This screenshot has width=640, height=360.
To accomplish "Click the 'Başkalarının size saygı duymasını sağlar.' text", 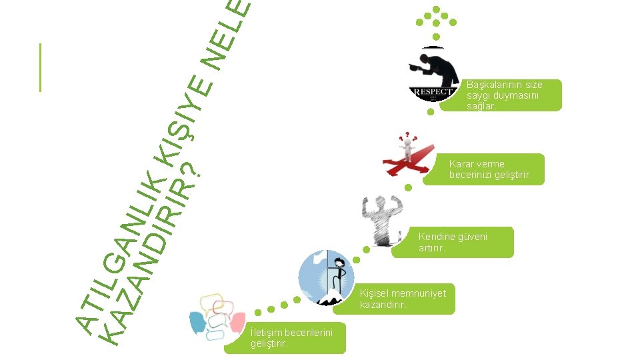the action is coord(504,95).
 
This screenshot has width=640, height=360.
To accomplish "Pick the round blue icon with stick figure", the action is coord(327,277).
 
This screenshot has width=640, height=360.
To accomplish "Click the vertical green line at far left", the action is coord(41,67).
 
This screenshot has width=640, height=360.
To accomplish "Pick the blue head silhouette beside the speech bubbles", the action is coord(199,323).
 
